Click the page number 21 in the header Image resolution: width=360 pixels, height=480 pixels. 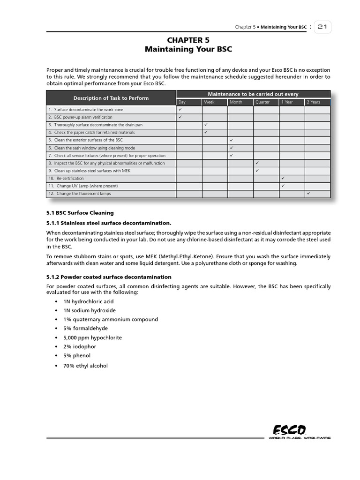(322, 27)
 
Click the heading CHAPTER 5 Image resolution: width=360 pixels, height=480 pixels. (188, 40)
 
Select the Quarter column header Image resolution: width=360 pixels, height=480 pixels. (262, 102)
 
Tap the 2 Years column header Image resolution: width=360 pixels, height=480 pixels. (314, 102)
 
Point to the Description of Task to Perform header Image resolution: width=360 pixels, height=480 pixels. (111, 98)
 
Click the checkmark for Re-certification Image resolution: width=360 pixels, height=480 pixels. (283, 178)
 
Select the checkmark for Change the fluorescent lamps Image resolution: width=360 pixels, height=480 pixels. (308, 193)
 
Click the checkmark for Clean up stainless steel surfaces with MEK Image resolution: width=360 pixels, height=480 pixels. (257, 171)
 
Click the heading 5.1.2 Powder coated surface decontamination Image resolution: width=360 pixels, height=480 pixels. (109, 277)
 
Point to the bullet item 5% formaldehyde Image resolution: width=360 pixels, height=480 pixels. (85, 329)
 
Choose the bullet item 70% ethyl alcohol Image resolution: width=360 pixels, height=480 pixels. (85, 366)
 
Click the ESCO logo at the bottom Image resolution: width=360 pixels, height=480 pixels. (290, 430)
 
